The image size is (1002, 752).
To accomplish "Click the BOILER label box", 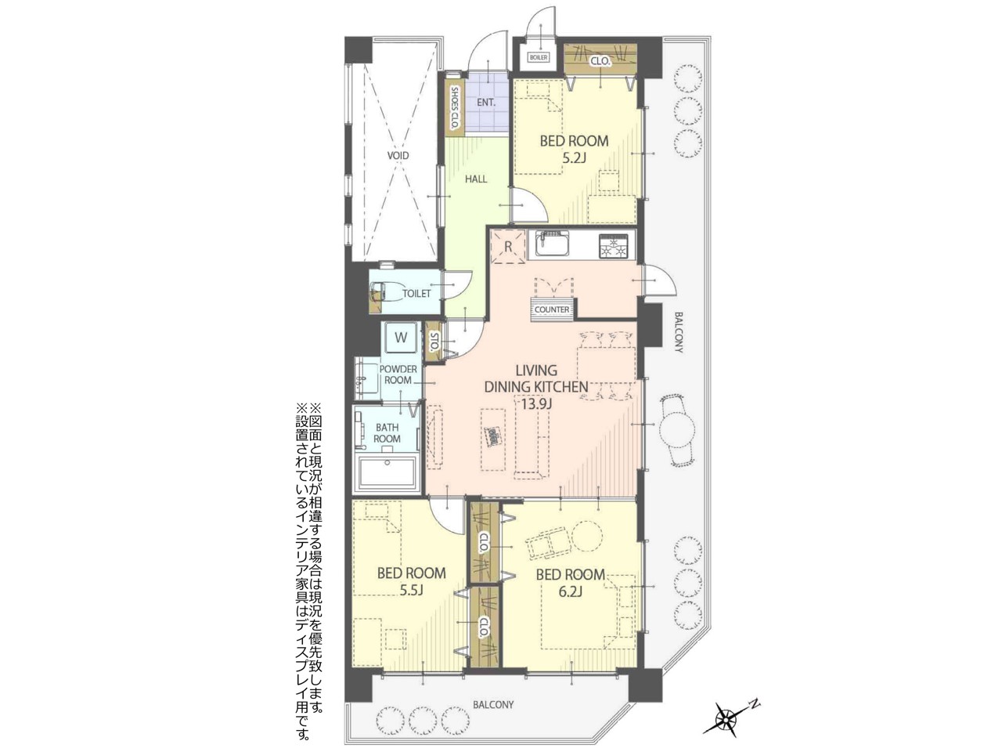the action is [x=539, y=58].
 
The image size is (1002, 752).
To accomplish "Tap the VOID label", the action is [x=398, y=156].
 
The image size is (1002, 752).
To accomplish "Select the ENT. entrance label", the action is [x=486, y=103].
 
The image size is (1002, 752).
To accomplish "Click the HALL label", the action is [x=476, y=179].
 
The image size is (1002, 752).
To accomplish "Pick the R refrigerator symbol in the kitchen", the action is [x=507, y=247].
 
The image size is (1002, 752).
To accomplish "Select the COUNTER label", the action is [x=552, y=309].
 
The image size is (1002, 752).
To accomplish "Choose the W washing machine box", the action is [x=401, y=338].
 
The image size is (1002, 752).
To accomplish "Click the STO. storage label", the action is [x=434, y=340].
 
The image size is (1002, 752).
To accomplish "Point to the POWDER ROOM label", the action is [x=398, y=374].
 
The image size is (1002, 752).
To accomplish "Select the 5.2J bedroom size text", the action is [x=574, y=158].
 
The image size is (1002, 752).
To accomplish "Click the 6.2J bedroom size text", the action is [x=570, y=591].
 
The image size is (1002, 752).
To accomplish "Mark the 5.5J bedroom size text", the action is [x=412, y=591].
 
